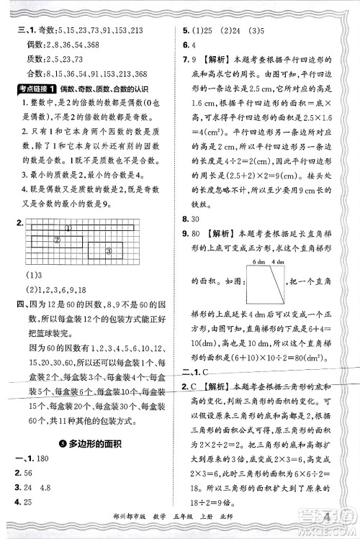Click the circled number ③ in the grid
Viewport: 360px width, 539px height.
point(109,250)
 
